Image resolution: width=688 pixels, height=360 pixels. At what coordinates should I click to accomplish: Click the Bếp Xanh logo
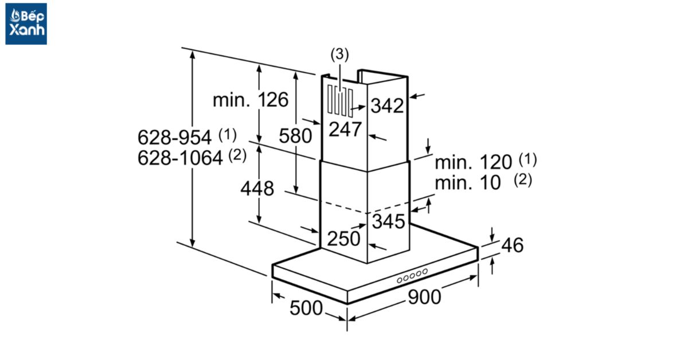coord(26,24)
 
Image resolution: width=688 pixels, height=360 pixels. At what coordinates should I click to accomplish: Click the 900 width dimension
coord(425,297)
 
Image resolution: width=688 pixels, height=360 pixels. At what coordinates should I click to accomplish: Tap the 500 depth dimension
coord(306,308)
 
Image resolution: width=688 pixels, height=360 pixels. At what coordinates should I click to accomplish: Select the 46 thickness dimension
coord(512,245)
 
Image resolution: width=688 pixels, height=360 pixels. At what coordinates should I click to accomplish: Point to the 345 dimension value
coord(389,221)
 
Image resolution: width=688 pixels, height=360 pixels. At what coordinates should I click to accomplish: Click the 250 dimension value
coord(344,238)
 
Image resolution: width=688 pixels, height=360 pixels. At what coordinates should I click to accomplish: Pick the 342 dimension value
coord(387,105)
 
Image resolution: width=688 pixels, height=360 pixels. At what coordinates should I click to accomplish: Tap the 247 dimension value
coord(345,130)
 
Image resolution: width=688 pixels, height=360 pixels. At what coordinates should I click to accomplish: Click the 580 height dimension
coord(295,136)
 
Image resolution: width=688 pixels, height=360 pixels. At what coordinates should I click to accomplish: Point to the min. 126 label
coord(251,100)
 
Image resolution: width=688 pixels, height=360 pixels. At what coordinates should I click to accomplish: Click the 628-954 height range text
coord(178,138)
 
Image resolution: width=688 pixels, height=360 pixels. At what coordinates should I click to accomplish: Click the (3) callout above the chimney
coord(339,55)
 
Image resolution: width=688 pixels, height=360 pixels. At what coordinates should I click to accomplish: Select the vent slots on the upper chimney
coord(340,102)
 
